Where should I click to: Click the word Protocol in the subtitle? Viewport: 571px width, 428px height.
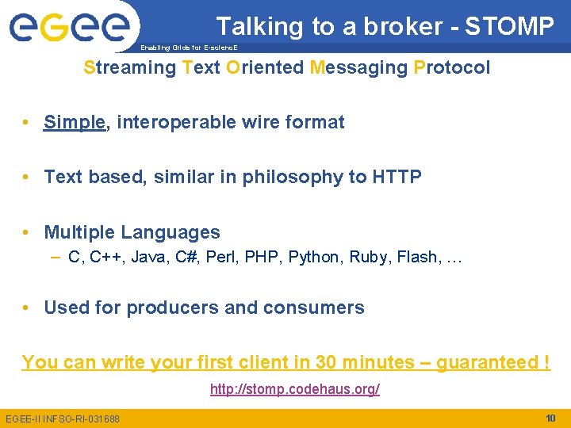[x=452, y=67]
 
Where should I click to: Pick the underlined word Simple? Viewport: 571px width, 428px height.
[x=75, y=122]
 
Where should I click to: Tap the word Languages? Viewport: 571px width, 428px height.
[x=170, y=232]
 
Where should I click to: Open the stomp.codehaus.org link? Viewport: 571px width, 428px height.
[x=294, y=389]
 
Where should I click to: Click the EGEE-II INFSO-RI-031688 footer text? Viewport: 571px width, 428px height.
[x=63, y=418]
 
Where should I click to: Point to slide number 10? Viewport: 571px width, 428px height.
[x=550, y=418]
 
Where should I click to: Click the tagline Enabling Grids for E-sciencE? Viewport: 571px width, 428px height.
[x=189, y=48]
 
